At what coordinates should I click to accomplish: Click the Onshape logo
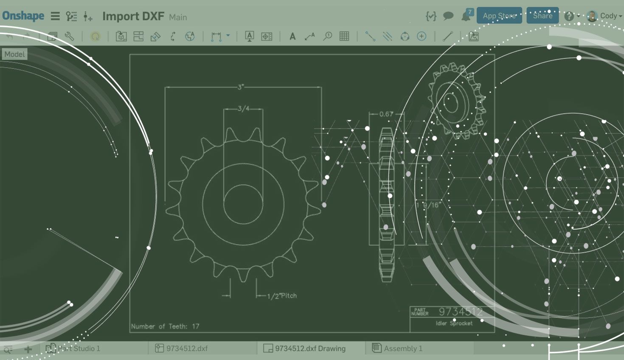coord(23,16)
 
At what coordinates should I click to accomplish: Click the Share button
coord(542,16)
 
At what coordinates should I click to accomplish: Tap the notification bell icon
coord(466,16)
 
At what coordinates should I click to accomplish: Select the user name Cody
coord(608,16)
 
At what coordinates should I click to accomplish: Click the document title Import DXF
coord(133,16)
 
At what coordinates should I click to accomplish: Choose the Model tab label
coord(14,54)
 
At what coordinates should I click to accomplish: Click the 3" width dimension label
coord(241,87)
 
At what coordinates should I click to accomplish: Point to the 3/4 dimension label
coord(243,109)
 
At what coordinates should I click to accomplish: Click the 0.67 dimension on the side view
coord(386,114)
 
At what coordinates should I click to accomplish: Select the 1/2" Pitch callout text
coord(282,296)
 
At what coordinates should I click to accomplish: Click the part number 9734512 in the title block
coord(461,312)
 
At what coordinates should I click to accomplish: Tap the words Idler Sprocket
coord(454,323)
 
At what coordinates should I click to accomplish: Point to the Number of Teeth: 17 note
coord(165,326)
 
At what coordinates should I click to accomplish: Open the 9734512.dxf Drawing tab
coord(310,349)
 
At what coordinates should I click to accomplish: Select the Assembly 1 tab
coord(403,349)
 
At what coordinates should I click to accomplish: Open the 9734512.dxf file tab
coord(187,349)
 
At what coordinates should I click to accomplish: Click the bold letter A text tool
coord(292,37)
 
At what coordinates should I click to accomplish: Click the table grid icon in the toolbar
coord(344,37)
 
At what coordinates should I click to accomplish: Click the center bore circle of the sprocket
coord(243,204)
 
